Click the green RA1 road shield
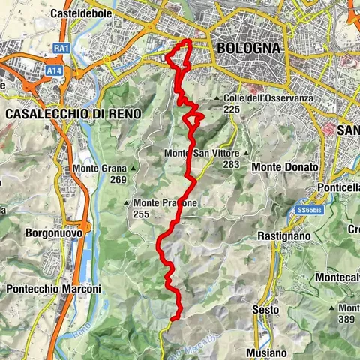pyautogui.click(x=61, y=48)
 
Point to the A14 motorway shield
pyautogui.click(x=52, y=70)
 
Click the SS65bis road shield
pyautogui.click(x=307, y=210)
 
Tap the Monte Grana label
pyautogui.click(x=99, y=169)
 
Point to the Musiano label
pyautogui.click(x=266, y=352)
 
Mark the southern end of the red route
pyautogui.click(x=173, y=319)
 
